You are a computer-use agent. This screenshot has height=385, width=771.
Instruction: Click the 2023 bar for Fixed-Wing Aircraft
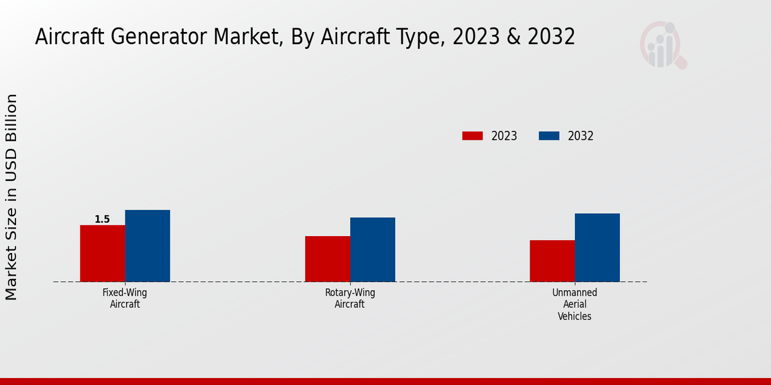tap(102, 253)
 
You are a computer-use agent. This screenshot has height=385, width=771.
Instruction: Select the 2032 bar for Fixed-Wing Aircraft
tap(147, 246)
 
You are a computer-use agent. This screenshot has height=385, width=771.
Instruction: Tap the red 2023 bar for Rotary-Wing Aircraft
tap(327, 259)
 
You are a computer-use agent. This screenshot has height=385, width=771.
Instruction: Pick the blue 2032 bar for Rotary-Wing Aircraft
tap(372, 250)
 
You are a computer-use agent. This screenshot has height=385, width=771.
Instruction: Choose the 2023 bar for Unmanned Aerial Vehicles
tap(552, 261)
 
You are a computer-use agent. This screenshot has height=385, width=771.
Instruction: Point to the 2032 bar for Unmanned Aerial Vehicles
tap(597, 248)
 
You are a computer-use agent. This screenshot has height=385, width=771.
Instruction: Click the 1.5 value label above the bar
tap(102, 219)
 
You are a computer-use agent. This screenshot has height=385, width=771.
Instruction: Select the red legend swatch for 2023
tap(472, 136)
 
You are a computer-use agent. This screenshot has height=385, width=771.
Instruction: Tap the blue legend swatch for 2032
tap(549, 136)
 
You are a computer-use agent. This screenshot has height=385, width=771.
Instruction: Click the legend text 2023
tap(504, 136)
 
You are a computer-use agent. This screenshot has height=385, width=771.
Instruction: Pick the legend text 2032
tap(580, 136)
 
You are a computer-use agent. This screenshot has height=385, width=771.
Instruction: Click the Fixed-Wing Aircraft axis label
tap(125, 298)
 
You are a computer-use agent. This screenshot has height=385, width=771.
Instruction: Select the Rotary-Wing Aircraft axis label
tap(350, 298)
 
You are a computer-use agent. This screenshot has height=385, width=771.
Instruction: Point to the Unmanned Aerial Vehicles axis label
tap(574, 304)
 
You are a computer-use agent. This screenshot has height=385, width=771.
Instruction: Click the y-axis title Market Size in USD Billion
tap(12, 197)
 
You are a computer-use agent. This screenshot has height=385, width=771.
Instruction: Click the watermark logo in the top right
tap(662, 45)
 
